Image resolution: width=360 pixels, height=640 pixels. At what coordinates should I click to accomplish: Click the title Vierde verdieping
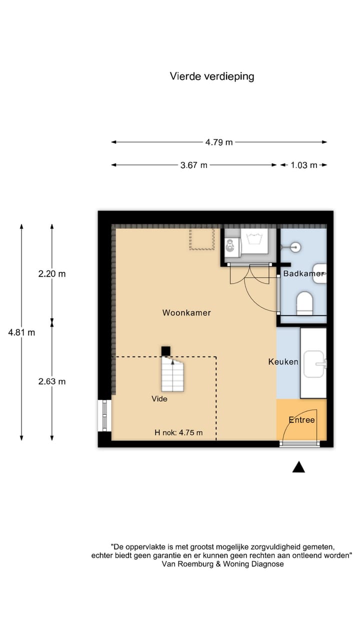coord(212,76)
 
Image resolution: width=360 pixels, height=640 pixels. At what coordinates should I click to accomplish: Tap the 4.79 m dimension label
coord(219,142)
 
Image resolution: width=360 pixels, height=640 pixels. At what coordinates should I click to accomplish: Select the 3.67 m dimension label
coord(193,165)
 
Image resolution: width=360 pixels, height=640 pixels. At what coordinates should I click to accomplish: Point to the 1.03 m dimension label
coord(303,165)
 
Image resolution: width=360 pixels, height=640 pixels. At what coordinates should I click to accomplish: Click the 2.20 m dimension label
coord(52,273)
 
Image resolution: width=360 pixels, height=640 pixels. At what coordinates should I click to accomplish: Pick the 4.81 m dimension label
coord(21,332)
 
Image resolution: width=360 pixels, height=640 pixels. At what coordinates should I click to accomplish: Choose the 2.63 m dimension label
coord(52,381)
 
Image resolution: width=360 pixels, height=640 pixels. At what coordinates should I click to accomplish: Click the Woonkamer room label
coord(186,312)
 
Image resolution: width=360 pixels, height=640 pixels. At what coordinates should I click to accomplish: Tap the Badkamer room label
coord(303,273)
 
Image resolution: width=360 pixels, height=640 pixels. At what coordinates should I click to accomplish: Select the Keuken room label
coord(283,361)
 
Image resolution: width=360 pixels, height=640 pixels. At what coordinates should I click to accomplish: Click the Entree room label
coord(301,419)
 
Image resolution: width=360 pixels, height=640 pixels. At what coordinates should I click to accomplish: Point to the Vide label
coord(159,399)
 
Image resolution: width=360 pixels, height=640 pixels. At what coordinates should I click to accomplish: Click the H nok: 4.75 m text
coord(178,432)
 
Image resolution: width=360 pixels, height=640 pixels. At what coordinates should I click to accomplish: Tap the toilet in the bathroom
coord(304,303)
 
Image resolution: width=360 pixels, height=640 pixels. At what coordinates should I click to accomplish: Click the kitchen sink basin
coord(314,364)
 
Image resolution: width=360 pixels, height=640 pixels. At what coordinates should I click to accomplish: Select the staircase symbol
coord(172,375)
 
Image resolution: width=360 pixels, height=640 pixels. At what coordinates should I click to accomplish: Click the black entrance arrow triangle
coord(298,467)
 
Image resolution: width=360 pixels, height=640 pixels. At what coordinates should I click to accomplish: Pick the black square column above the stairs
coord(165,351)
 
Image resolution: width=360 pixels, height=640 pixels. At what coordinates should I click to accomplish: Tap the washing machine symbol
coord(254,241)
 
